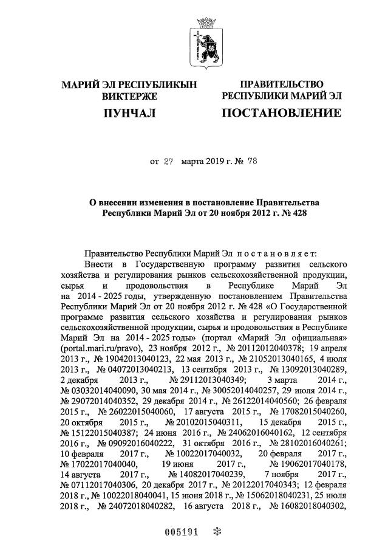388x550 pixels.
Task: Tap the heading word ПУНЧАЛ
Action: (129, 113)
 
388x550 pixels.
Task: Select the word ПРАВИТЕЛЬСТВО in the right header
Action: (281, 84)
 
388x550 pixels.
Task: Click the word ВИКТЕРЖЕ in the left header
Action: (129, 96)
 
